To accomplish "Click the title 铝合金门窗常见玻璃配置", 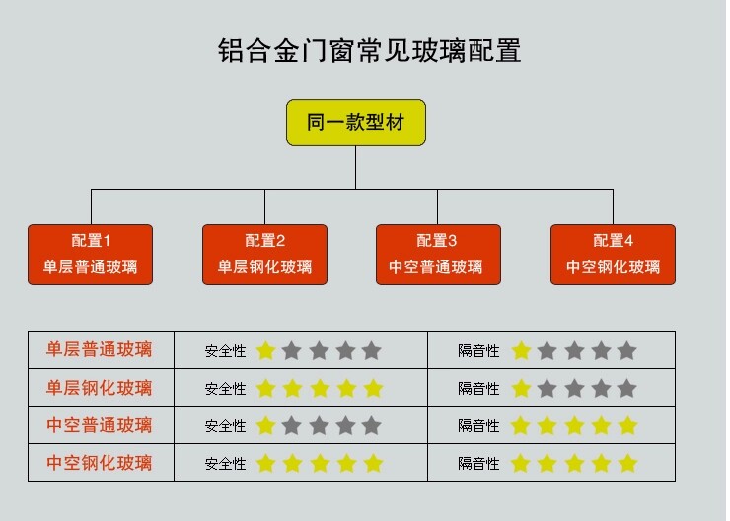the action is point(368,51).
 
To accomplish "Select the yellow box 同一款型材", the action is point(356,122).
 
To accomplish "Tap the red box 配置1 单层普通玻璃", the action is point(91,254).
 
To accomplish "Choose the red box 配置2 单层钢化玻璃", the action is point(264,254).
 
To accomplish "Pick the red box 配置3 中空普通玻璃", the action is point(437,254).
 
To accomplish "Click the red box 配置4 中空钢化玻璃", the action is point(613,254).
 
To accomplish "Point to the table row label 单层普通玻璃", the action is point(100,350).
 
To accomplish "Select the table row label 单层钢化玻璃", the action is point(100,388).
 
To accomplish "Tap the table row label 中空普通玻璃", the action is point(100,425).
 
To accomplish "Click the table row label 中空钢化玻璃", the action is point(100,463).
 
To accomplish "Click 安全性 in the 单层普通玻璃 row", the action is point(225,351).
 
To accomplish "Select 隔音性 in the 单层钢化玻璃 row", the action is point(478,389).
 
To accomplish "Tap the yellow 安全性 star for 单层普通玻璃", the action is point(265,350).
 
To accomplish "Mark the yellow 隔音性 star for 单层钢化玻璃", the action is point(520,388).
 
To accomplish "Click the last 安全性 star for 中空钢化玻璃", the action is point(372,463).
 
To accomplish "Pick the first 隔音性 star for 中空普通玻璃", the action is point(520,425).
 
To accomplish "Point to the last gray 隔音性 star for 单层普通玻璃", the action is point(626,350).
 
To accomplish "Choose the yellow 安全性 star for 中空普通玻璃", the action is point(265,425).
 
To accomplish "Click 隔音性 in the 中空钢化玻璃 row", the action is point(478,464).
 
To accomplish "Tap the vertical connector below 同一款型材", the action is point(356,167).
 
